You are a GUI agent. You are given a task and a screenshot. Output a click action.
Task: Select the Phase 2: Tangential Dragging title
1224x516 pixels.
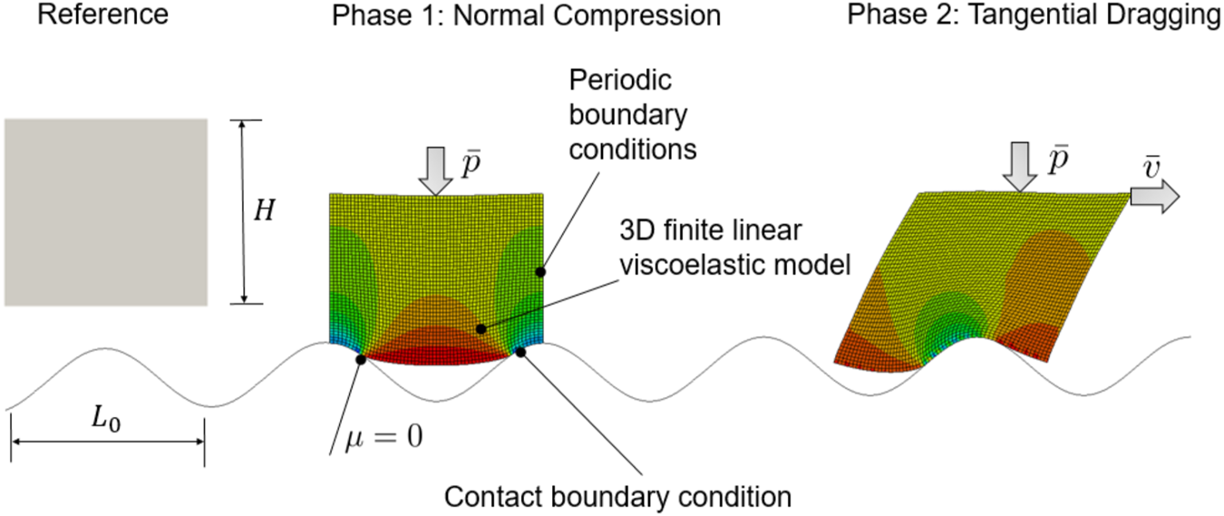(x=1035, y=15)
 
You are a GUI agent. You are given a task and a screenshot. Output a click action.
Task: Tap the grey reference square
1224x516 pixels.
(x=105, y=212)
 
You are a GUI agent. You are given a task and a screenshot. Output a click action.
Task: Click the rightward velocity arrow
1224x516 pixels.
(x=1154, y=195)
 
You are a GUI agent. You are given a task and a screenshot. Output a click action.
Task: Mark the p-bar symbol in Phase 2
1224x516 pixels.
(x=1057, y=160)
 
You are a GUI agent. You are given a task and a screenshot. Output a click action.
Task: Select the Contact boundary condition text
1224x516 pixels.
(x=618, y=497)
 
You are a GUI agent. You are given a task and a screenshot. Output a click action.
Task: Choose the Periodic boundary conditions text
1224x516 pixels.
(x=632, y=114)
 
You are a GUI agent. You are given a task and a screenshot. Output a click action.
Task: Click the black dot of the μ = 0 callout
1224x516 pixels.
(x=361, y=359)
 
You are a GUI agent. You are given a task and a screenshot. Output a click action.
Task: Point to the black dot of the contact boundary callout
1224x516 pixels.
(x=520, y=352)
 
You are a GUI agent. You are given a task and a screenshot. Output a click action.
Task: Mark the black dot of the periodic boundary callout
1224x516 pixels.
(x=541, y=270)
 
